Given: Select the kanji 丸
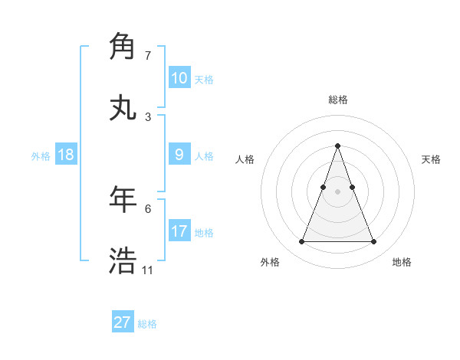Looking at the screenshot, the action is click(123, 108).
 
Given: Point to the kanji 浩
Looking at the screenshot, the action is click(123, 260).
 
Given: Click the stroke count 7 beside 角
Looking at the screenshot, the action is click(148, 56).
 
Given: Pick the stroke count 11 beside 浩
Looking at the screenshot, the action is click(147, 270).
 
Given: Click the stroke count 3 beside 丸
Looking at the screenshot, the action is click(148, 117).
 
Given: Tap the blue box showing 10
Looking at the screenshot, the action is click(179, 78).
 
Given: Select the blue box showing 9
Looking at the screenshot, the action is click(179, 155).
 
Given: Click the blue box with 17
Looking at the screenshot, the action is click(179, 231).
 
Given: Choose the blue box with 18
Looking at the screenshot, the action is click(66, 155).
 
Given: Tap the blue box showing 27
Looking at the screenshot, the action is click(122, 322).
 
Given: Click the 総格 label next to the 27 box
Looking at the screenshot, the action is click(147, 324).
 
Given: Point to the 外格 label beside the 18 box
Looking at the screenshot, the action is click(41, 156).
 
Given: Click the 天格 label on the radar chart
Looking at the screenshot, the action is click(431, 159).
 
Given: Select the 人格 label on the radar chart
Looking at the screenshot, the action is click(245, 159).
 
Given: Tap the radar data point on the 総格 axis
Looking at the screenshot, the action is click(337, 146).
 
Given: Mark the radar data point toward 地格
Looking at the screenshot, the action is click(373, 242).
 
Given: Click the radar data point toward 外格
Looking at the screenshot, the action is click(301, 242).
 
